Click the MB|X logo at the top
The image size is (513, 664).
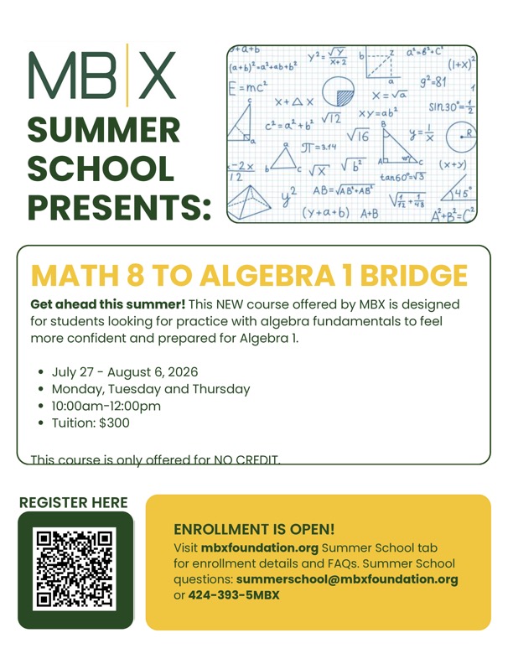pyautogui.click(x=103, y=75)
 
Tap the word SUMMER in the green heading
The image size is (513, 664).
pyautogui.click(x=104, y=130)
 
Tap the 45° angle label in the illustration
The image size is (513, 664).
pyautogui.click(x=460, y=192)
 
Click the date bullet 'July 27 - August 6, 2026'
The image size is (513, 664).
pyautogui.click(x=125, y=371)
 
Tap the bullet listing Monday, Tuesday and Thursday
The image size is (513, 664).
pyautogui.click(x=151, y=389)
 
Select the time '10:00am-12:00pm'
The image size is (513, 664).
pyautogui.click(x=106, y=406)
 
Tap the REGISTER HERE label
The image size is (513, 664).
pyautogui.click(x=73, y=502)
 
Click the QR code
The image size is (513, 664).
pyautogui.click(x=75, y=569)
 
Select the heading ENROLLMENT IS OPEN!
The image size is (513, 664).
pyautogui.click(x=254, y=529)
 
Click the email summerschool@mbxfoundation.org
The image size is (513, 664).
pyautogui.click(x=347, y=579)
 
